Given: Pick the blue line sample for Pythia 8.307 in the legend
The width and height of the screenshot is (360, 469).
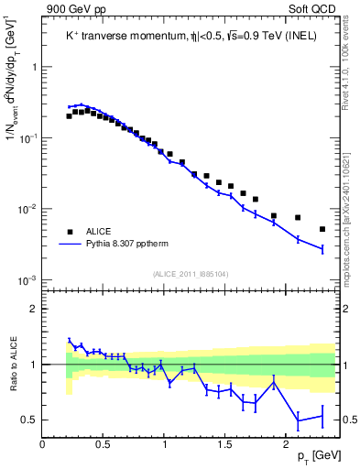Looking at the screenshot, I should (x=70, y=245).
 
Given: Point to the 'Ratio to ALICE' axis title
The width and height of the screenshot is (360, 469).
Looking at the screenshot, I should (x=13, y=363).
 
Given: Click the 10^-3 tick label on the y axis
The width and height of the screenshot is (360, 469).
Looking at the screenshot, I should (x=27, y=279).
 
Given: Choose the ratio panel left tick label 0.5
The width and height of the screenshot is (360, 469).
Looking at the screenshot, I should (x=29, y=420).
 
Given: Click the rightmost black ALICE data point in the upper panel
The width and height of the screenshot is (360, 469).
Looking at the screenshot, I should (x=322, y=229).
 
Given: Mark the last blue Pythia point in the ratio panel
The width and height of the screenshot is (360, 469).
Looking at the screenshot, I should (x=322, y=417).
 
